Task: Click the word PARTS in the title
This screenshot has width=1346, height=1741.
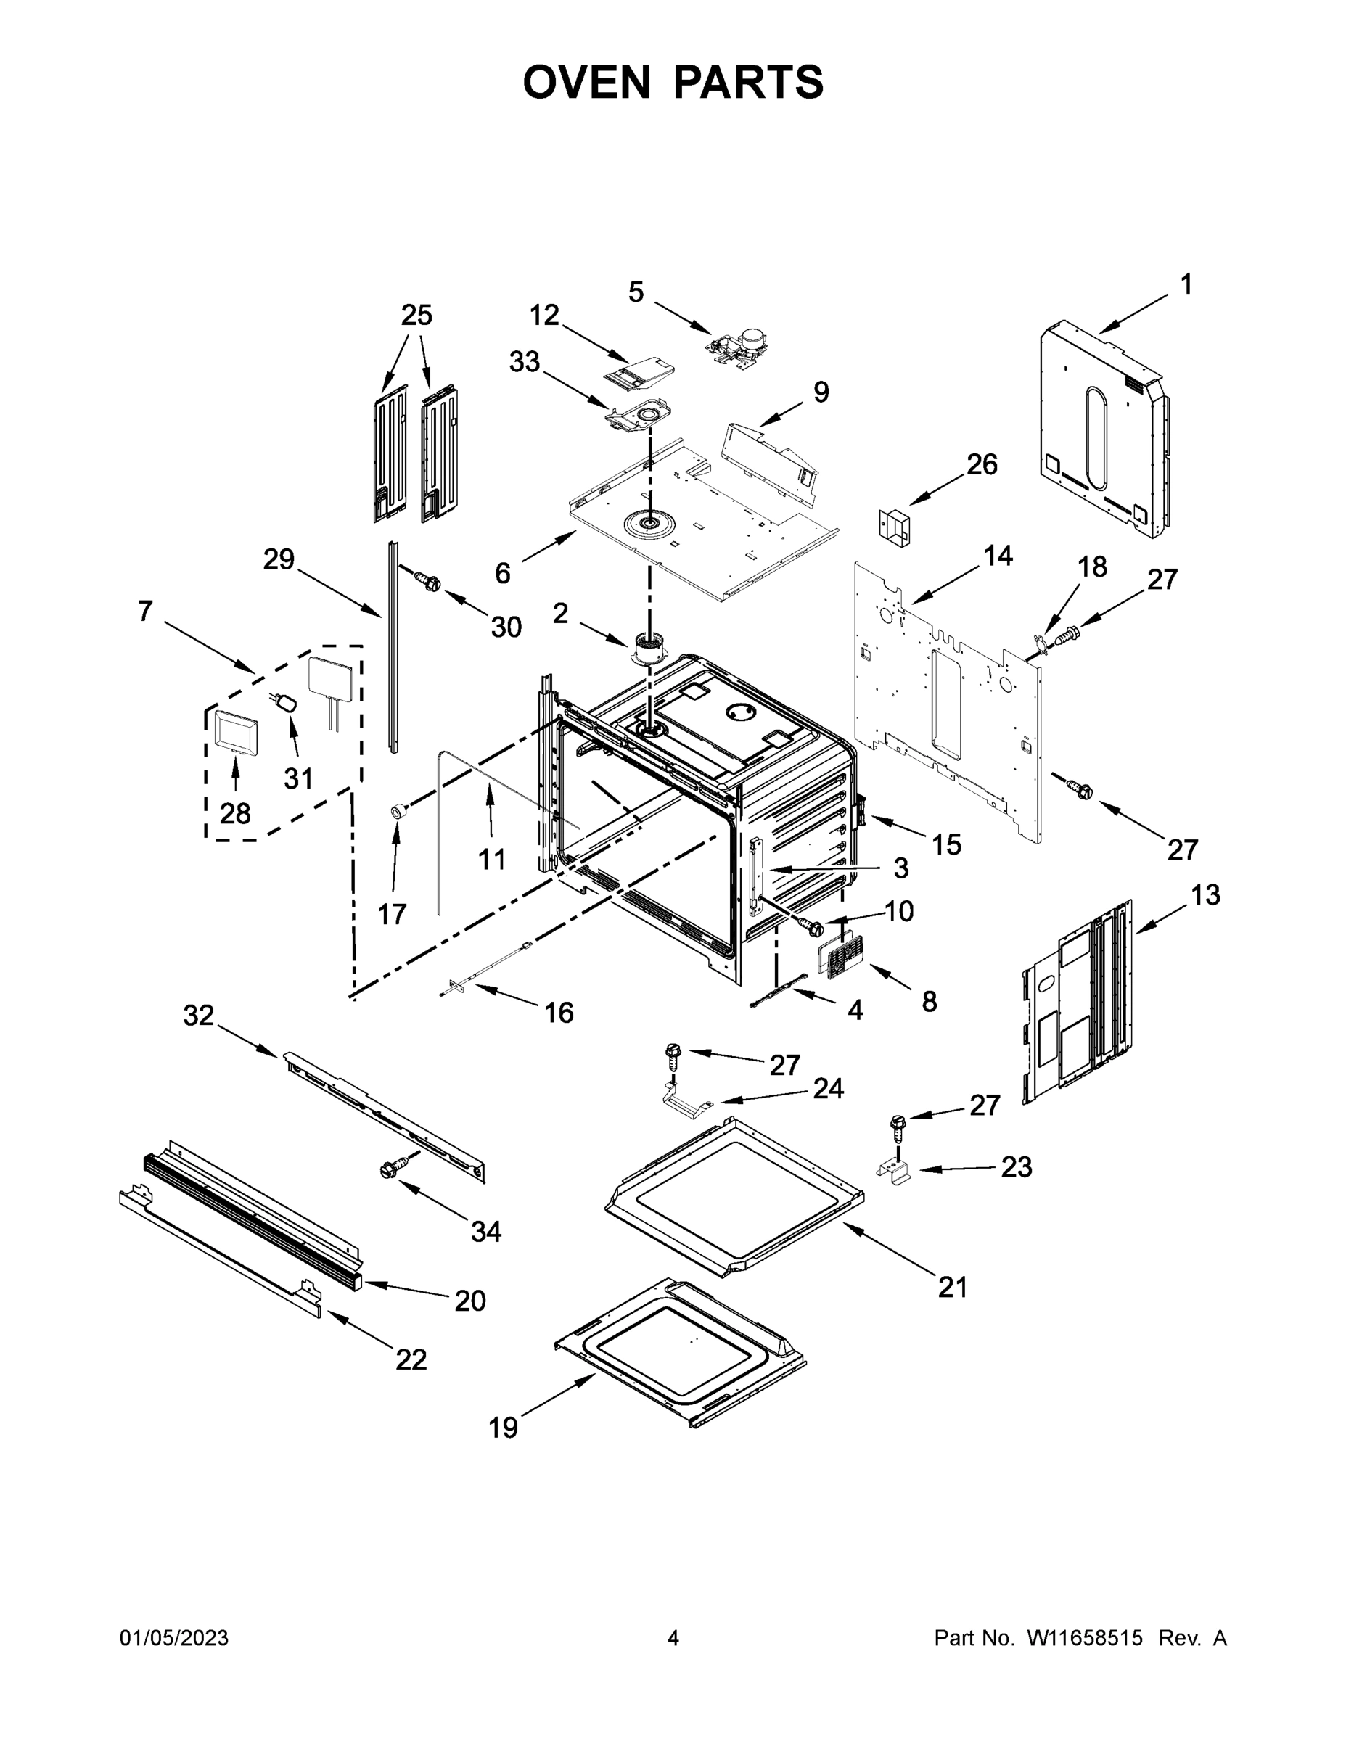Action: point(748,82)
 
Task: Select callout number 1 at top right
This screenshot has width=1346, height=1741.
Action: point(1186,284)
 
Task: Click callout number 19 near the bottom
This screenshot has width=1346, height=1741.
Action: point(503,1428)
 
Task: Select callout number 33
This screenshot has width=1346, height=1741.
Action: point(524,362)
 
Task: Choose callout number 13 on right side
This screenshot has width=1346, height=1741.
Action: point(1205,895)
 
